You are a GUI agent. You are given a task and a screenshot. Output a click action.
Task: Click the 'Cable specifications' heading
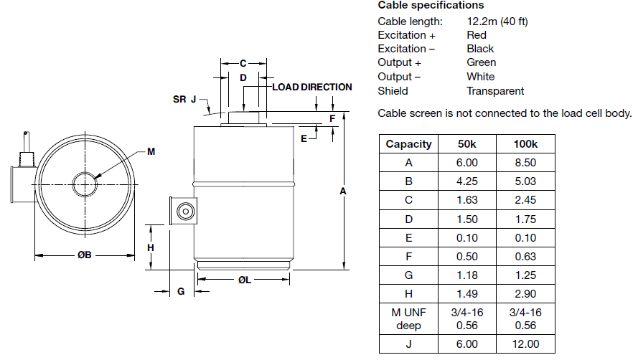(x=431, y=5)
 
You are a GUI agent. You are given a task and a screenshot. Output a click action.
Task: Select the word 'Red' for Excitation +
(x=476, y=34)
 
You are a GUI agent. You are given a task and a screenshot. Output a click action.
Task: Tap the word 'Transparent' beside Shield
(x=495, y=91)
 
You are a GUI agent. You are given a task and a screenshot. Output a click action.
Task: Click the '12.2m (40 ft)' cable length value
(x=497, y=21)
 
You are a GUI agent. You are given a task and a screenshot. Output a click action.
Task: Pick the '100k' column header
(x=525, y=143)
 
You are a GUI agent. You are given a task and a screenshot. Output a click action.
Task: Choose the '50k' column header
(x=467, y=143)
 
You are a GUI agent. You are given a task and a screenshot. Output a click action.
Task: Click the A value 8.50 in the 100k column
(x=525, y=163)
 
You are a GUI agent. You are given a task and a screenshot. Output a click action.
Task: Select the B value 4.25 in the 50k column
(x=467, y=181)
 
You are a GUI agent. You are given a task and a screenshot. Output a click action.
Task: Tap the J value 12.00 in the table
(x=525, y=344)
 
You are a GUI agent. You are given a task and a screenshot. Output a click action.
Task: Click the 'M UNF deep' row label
(x=408, y=318)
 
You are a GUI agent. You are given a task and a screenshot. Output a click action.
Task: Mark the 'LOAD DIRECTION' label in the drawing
(x=312, y=87)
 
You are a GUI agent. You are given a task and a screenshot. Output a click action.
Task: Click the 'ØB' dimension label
(x=85, y=255)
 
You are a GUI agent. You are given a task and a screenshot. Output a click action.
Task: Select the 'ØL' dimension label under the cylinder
(x=244, y=280)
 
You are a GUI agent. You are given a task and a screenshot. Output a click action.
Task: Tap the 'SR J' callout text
(x=184, y=99)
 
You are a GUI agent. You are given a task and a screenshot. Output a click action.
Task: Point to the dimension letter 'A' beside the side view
(x=342, y=191)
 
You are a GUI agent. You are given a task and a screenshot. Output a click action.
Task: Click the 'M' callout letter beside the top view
(x=151, y=151)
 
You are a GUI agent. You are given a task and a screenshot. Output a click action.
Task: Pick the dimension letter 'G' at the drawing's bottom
(x=181, y=291)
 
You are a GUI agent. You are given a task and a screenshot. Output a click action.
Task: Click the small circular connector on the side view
(x=185, y=212)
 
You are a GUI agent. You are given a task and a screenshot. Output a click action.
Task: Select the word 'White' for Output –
(x=480, y=77)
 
